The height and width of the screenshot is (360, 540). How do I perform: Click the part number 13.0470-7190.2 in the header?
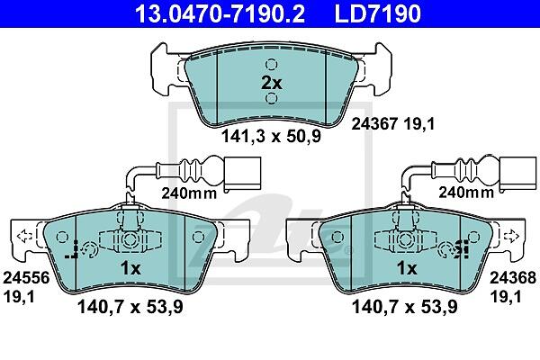click(x=220, y=13)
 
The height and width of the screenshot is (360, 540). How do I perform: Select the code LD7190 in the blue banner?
click(x=377, y=13)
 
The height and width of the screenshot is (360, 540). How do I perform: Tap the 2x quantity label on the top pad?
click(x=272, y=83)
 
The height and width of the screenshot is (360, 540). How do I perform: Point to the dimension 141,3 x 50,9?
click(x=271, y=136)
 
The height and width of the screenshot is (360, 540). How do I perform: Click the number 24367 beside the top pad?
click(x=374, y=123)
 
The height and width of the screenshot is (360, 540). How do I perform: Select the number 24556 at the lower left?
click(x=26, y=278)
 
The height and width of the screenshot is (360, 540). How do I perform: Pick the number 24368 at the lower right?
click(x=513, y=278)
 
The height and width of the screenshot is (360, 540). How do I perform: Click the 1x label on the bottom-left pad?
click(x=130, y=268)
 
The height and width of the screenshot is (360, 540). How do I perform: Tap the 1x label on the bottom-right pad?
click(x=407, y=268)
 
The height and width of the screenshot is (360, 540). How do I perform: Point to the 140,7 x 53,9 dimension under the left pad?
click(x=130, y=307)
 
